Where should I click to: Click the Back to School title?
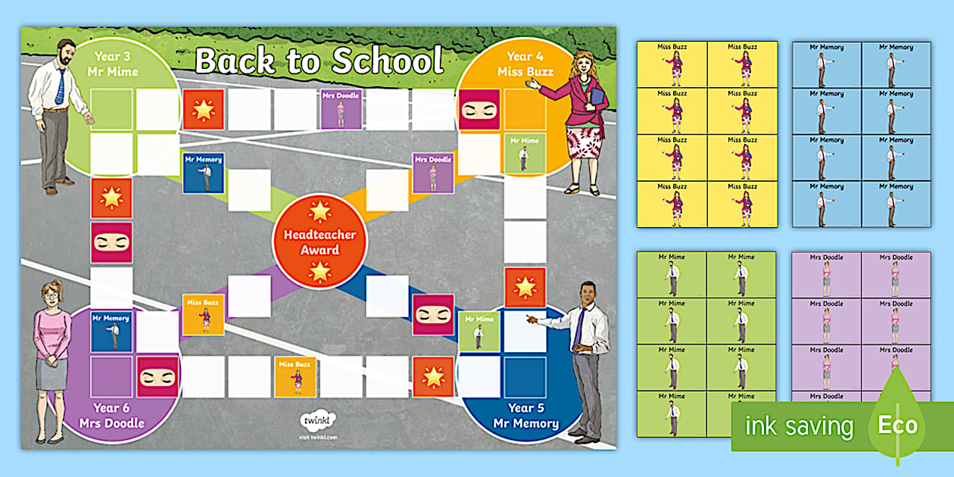[319, 61]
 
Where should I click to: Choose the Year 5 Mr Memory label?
[525, 416]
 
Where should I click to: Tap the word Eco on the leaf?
[897, 425]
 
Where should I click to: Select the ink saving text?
[799, 426]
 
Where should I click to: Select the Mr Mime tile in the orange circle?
[524, 153]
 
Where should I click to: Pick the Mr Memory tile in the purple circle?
[111, 332]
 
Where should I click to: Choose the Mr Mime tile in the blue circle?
[479, 332]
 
